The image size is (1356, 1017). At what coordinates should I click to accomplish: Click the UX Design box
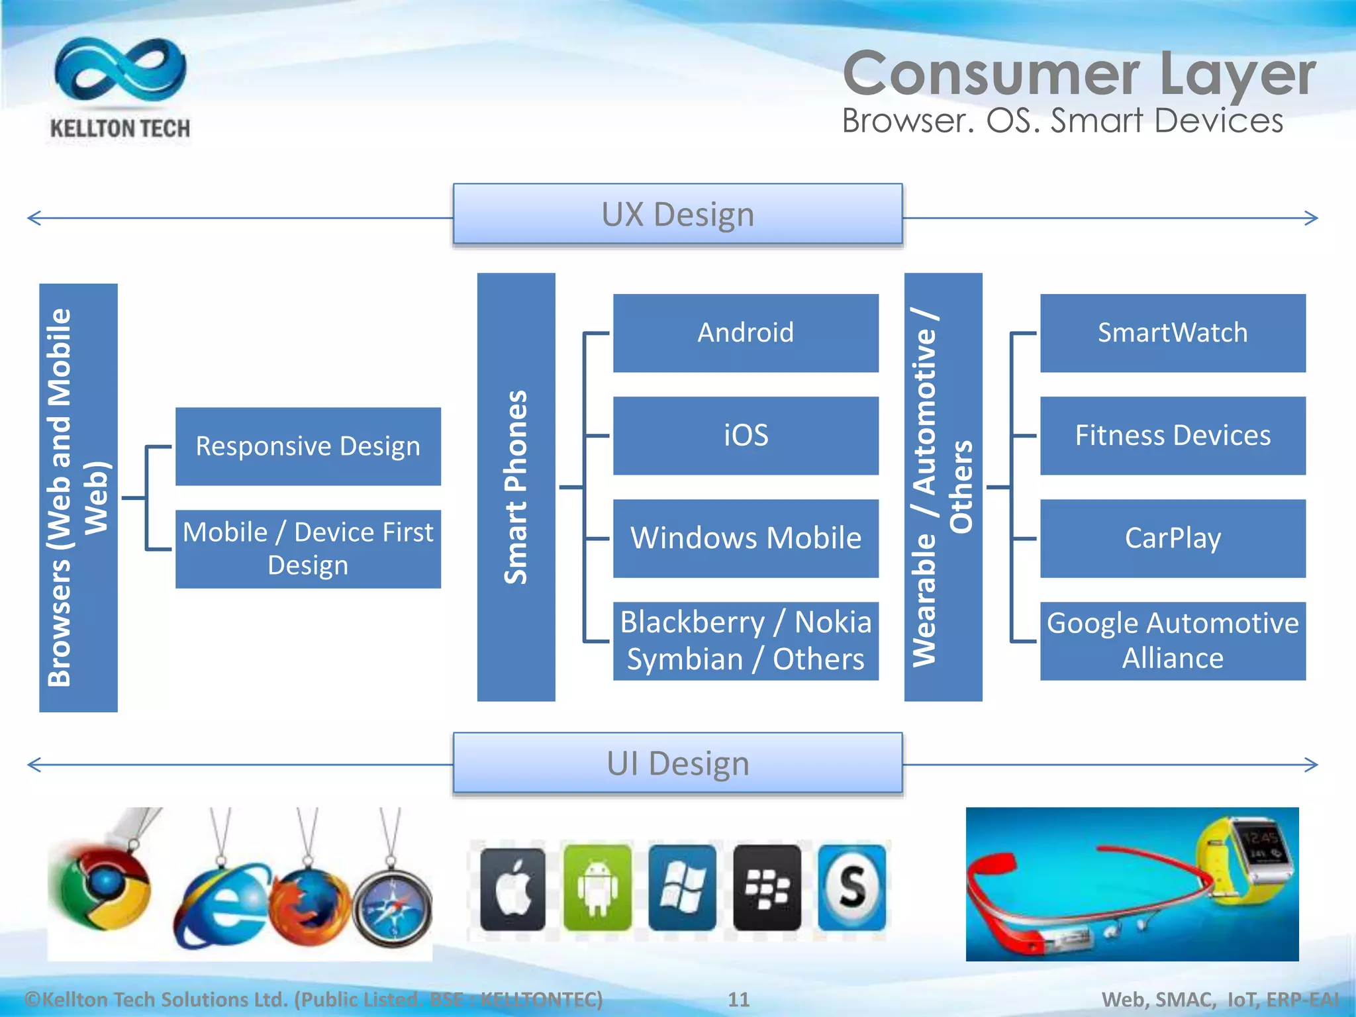click(x=677, y=214)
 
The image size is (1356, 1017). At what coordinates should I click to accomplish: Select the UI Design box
click(x=677, y=763)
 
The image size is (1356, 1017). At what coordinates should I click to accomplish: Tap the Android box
click(x=746, y=333)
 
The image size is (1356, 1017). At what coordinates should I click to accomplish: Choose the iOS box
click(x=746, y=436)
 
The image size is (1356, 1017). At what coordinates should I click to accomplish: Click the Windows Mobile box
click(x=746, y=538)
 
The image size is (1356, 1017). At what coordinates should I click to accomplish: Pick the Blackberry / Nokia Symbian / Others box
click(x=746, y=641)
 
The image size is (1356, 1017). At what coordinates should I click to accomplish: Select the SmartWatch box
click(x=1173, y=333)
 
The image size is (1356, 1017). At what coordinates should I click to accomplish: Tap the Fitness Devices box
click(x=1173, y=436)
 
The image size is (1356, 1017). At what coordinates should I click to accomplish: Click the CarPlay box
click(x=1173, y=538)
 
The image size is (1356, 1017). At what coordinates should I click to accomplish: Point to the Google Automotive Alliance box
click(x=1173, y=641)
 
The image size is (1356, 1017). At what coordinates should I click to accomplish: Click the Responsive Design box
click(x=308, y=446)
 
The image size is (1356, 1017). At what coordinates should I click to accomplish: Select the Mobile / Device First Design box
click(x=308, y=549)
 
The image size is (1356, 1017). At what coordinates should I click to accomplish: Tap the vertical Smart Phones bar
click(x=516, y=487)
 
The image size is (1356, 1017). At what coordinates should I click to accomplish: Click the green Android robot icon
click(x=597, y=888)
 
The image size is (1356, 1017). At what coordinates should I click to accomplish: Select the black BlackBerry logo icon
click(x=767, y=888)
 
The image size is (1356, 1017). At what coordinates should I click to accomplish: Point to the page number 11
click(x=738, y=999)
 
